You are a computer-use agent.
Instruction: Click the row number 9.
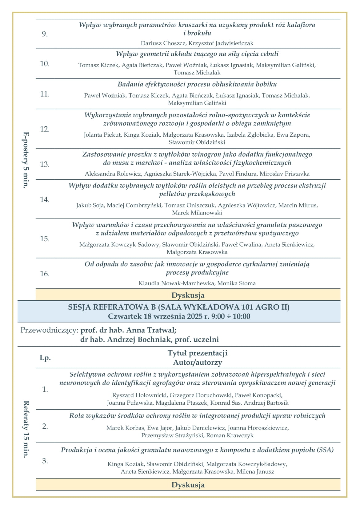click(x=45, y=34)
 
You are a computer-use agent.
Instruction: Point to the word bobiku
click(x=266, y=84)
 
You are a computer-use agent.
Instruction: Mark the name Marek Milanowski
click(x=197, y=213)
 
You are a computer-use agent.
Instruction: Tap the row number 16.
click(x=45, y=274)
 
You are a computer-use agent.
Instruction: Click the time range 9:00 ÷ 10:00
click(x=230, y=316)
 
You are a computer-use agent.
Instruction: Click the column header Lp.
click(x=45, y=358)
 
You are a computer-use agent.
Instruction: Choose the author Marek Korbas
click(x=125, y=428)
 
